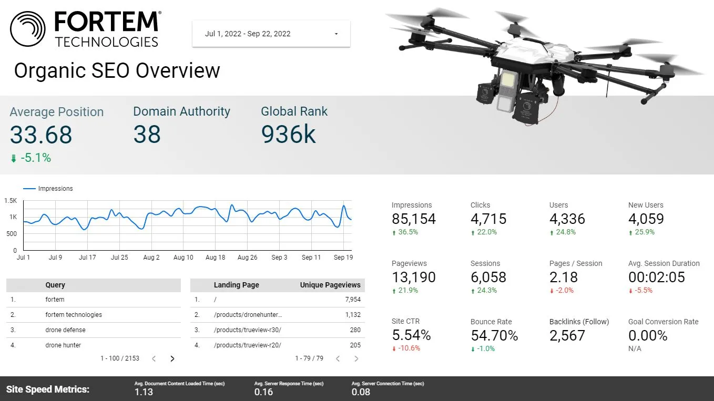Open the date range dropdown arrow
[x=336, y=34]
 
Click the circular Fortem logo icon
[x=28, y=29]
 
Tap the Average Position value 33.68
[x=41, y=135]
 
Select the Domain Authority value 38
[x=147, y=134]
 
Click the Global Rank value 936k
[x=288, y=134]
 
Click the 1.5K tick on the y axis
[x=11, y=201]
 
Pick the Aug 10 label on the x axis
[x=183, y=258]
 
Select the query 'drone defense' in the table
[x=65, y=330]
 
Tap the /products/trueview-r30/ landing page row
[x=247, y=330]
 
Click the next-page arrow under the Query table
[x=172, y=359]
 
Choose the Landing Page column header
[x=236, y=285]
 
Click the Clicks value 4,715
[x=488, y=219]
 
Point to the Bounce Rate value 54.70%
[x=494, y=335]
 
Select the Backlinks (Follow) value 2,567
[x=567, y=335]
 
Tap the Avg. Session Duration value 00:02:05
[x=657, y=277]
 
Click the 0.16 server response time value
[x=263, y=392]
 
